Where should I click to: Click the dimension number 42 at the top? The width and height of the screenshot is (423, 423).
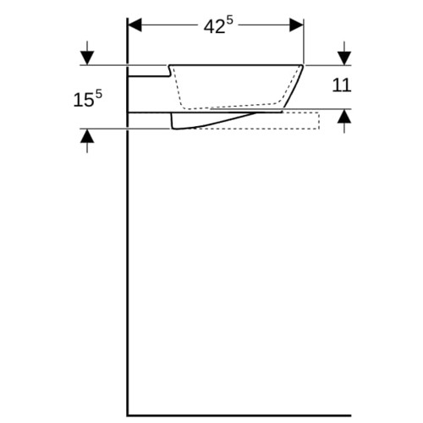(x=214, y=27)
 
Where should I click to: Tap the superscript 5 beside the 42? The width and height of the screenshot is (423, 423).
(x=230, y=21)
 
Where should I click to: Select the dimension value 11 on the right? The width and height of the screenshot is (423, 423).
(x=342, y=85)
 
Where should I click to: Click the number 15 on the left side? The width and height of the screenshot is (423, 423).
(x=84, y=100)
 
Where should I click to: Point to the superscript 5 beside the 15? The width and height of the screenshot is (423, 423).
(x=99, y=94)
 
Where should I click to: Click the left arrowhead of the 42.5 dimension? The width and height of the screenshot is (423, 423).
(x=135, y=25)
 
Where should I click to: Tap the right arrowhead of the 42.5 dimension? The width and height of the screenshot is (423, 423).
(x=297, y=25)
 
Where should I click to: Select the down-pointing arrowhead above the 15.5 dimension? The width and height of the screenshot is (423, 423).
(x=87, y=58)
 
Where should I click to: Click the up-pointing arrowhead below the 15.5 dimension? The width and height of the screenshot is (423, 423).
(x=87, y=136)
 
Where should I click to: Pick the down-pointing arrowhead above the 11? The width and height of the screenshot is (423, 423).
(x=344, y=58)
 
